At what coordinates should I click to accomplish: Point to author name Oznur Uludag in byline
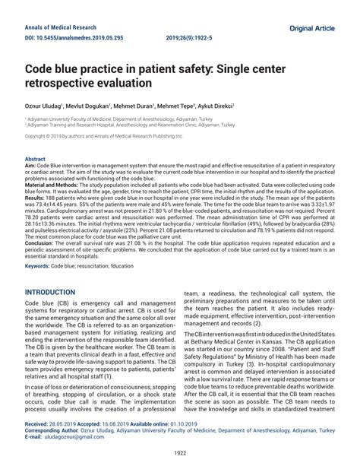click(44, 107)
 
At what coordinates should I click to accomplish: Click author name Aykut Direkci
click(237, 107)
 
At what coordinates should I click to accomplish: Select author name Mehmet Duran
click(153, 107)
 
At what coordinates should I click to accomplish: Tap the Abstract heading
click(36, 159)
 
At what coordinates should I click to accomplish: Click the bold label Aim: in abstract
click(31, 166)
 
